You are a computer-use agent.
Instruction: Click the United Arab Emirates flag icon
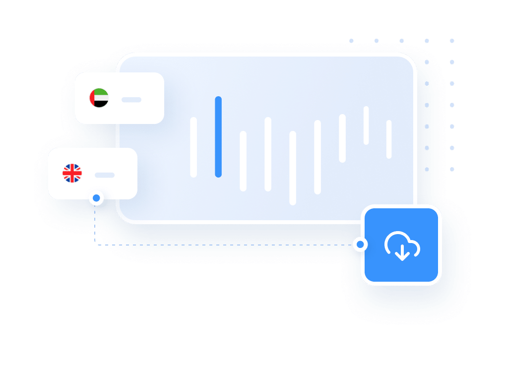99,98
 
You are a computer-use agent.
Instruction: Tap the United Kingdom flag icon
72,174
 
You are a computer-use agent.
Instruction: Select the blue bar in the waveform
218,137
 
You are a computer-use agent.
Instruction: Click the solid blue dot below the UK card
96,198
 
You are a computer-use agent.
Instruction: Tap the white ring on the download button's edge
360,245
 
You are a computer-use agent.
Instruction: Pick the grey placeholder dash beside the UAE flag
131,100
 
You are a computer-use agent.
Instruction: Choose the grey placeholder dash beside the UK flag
105,175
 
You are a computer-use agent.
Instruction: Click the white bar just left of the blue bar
193,147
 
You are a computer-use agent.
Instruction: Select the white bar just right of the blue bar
243,161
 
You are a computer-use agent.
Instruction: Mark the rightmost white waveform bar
389,139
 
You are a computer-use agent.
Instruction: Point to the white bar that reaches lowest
293,168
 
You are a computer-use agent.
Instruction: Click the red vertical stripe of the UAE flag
92,98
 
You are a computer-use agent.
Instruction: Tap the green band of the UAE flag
101,92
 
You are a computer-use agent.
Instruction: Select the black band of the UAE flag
101,104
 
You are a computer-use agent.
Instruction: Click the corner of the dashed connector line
95,245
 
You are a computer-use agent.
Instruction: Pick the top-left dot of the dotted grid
351,41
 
